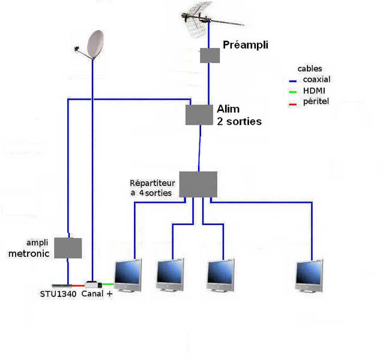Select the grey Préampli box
pyautogui.click(x=210, y=55)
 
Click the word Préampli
pyautogui.click(x=246, y=45)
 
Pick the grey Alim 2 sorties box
pyautogui.click(x=199, y=115)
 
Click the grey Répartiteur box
pyautogui.click(x=198, y=184)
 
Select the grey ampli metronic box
pyautogui.click(x=68, y=248)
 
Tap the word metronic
pyautogui.click(x=29, y=254)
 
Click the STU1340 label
pyautogui.click(x=58, y=294)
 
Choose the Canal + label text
pyautogui.click(x=97, y=293)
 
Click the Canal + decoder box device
pyautogui.click(x=93, y=284)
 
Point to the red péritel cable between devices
pyautogui.click(x=78, y=286)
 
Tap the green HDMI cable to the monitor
pyautogui.click(x=108, y=284)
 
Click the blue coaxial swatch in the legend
pyautogui.click(x=292, y=81)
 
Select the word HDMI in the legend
pyautogui.click(x=314, y=91)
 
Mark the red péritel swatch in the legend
pyautogui.click(x=292, y=104)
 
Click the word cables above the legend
pyautogui.click(x=310, y=69)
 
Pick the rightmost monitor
pyautogui.click(x=309, y=275)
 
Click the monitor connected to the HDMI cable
pyautogui.click(x=128, y=275)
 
